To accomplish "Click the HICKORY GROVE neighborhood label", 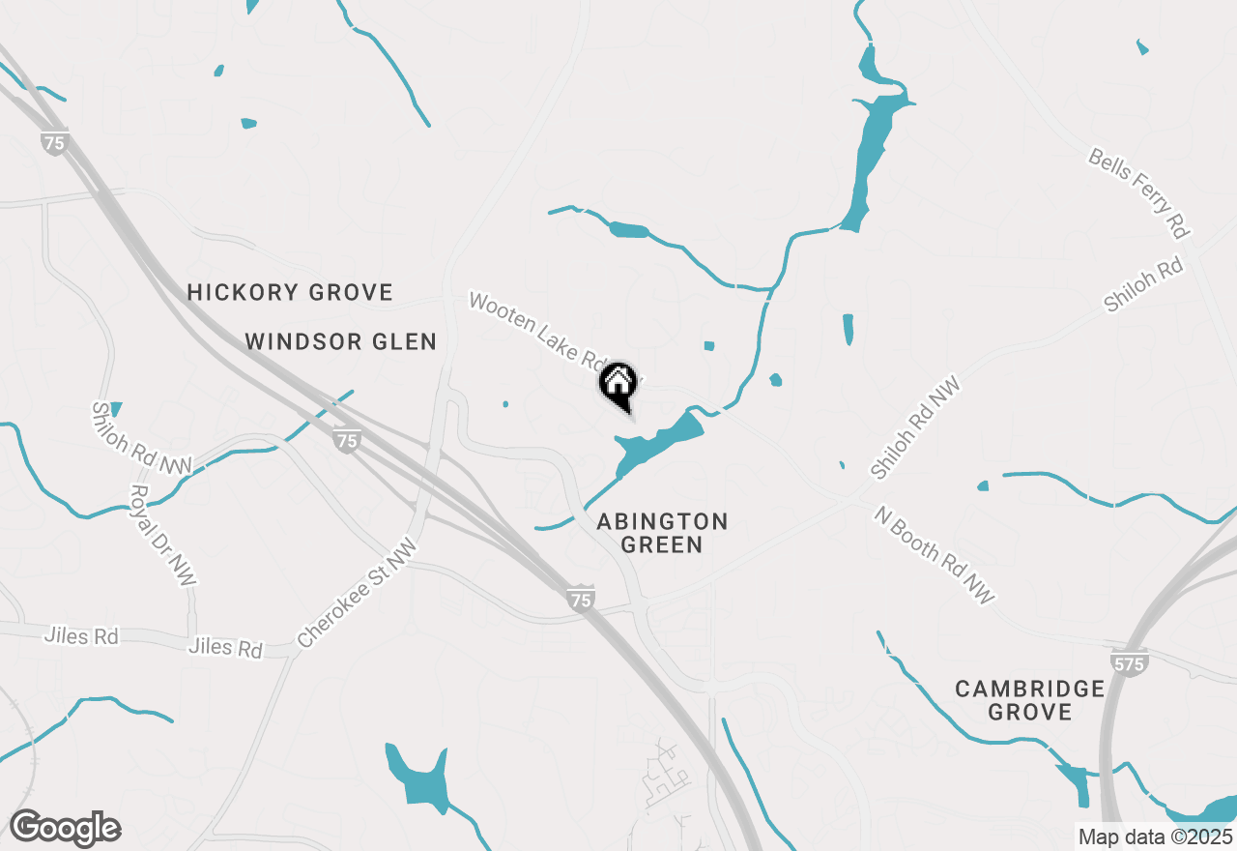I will pyautogui.click(x=290, y=292).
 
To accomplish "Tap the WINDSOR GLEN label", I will pyautogui.click(x=340, y=341).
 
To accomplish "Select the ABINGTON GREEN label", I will pyautogui.click(x=662, y=533).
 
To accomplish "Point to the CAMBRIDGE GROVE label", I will pyautogui.click(x=1029, y=700).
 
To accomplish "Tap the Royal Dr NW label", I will pyautogui.click(x=161, y=534).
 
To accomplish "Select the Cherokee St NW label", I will pyautogui.click(x=358, y=594).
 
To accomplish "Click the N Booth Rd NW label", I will pyautogui.click(x=934, y=555).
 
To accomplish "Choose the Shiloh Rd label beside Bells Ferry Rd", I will pyautogui.click(x=1144, y=283).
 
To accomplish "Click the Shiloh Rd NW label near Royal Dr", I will pyautogui.click(x=142, y=439).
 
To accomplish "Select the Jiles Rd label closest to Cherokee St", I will pyautogui.click(x=226, y=647).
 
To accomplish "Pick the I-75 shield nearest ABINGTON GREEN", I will pyautogui.click(x=580, y=600).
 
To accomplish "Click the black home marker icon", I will pyautogui.click(x=618, y=383).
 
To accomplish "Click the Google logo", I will pyautogui.click(x=65, y=828).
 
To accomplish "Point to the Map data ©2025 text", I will pyautogui.click(x=1155, y=836).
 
